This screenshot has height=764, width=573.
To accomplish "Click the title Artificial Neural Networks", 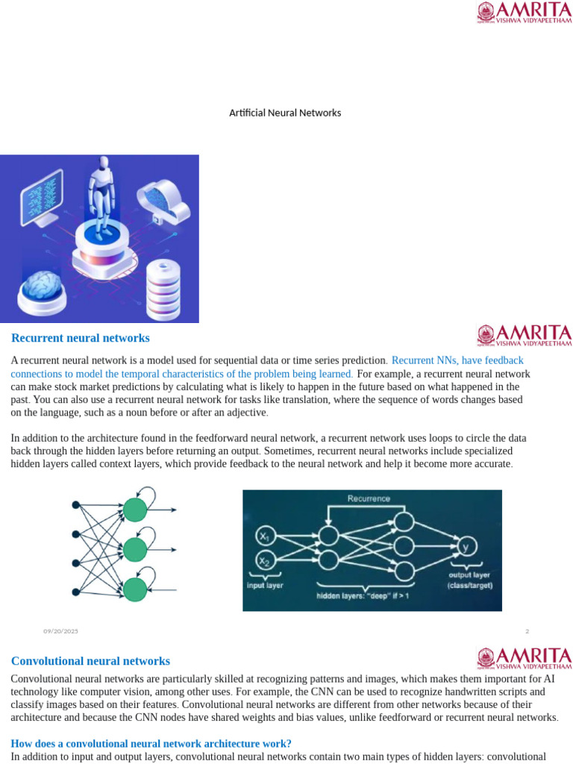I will pos(284,113).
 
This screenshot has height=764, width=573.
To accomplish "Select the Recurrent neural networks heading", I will pos(81,339).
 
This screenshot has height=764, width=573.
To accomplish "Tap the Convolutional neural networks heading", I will pos(90,661).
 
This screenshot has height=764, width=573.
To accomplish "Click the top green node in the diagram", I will pos(135,510).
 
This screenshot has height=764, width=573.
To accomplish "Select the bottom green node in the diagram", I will pos(135,589).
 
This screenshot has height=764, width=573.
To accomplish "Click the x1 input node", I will pos(265,536).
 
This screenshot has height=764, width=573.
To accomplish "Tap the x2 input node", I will pos(265,560).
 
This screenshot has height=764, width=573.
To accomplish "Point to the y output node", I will pos(466,548).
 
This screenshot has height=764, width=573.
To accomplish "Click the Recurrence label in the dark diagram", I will pos(369,498).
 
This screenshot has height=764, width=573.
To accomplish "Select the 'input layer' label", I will pos(265,586).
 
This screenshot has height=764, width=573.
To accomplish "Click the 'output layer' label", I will pos(469,575).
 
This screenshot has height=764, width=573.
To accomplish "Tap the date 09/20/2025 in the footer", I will pos(60,631).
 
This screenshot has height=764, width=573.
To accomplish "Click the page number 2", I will pos(527,631).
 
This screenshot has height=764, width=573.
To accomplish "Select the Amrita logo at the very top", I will pos(524,13).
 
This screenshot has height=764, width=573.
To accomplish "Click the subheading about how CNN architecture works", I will pos(151,743).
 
